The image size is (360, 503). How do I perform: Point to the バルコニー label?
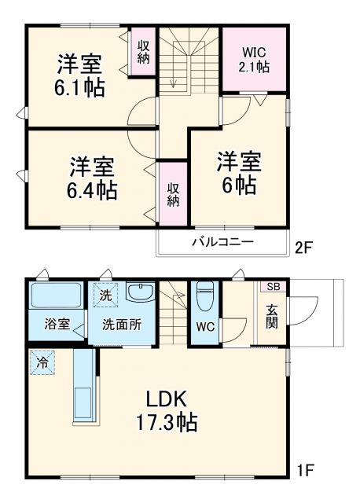pos(223,242)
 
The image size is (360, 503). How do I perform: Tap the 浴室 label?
pos(56,324)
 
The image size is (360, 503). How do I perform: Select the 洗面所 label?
pos(121,324)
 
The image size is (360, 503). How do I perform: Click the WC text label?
pos(204,325)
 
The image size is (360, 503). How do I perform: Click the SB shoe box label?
pos(272,287)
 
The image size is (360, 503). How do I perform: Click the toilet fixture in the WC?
pos(204,296)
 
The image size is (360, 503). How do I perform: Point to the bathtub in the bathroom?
pos(56,297)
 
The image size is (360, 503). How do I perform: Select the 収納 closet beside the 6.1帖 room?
pos(144,54)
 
